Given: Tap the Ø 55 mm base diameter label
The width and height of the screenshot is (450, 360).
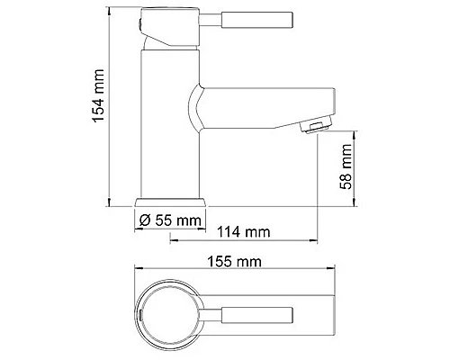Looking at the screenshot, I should [x=171, y=220].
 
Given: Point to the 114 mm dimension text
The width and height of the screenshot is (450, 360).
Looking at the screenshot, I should [x=244, y=232].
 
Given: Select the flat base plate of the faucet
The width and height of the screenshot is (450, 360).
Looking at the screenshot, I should [x=171, y=201].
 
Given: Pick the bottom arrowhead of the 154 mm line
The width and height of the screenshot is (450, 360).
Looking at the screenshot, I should [x=110, y=203].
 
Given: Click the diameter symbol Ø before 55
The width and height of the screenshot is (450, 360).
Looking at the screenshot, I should [x=144, y=220].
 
